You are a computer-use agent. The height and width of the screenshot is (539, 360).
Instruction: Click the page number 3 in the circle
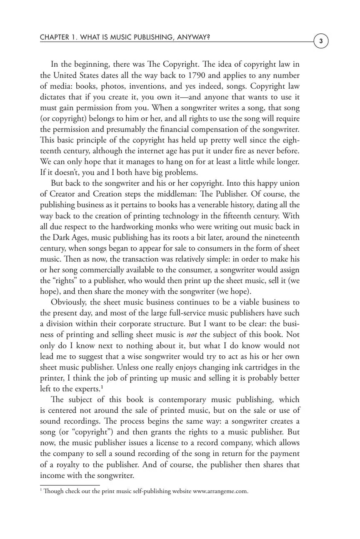pos(321,41)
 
